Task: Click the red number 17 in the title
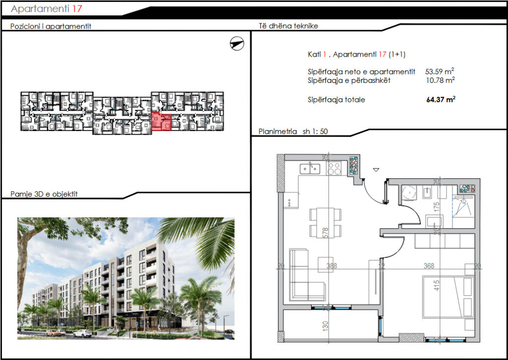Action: pyautogui.click(x=77, y=8)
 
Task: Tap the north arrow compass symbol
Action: pyautogui.click(x=238, y=44)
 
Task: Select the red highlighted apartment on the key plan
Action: pyautogui.click(x=161, y=122)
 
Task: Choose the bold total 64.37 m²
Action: pyautogui.click(x=441, y=100)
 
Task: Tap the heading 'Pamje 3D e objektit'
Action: pyautogui.click(x=44, y=194)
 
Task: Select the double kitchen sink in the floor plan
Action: pyautogui.click(x=310, y=168)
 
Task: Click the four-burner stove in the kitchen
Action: pyautogui.click(x=335, y=168)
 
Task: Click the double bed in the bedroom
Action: pyautogui.click(x=447, y=298)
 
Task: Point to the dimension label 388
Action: pyautogui.click(x=331, y=266)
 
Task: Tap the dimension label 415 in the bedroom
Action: pyautogui.click(x=437, y=287)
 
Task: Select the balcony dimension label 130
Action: pyautogui.click(x=326, y=327)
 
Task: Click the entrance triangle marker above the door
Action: pyautogui.click(x=376, y=170)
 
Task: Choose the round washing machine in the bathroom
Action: pyautogui.click(x=410, y=192)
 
